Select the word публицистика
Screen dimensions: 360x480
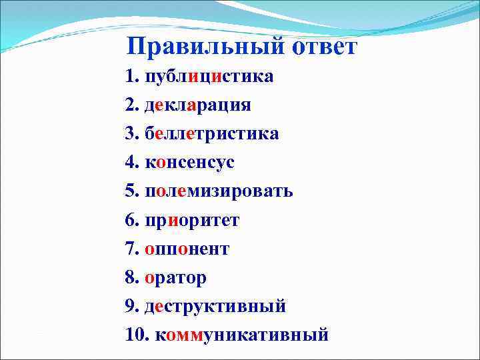[209, 77]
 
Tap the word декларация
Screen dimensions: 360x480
[198, 105]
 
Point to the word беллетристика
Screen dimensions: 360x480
[212, 134]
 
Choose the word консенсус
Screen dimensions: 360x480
[189, 163]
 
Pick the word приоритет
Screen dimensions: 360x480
[192, 220]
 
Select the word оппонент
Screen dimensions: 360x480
[187, 249]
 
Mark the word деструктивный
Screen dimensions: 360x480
[215, 306]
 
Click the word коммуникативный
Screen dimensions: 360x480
[242, 335]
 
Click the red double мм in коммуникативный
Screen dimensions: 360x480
[189, 335]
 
